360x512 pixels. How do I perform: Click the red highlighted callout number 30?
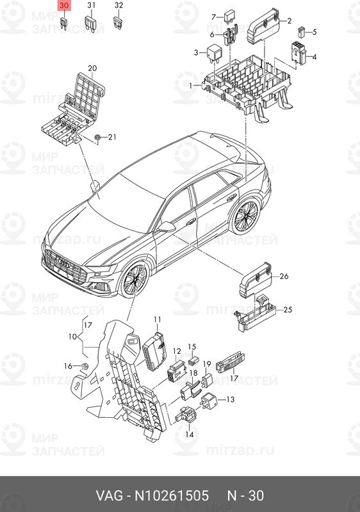pos(64,6)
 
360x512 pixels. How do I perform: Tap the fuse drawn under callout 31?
pos(90,24)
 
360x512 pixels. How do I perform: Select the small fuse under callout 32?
pos(118,23)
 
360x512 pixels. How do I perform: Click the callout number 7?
pos(214,17)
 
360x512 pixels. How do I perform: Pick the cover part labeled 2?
pos(263,26)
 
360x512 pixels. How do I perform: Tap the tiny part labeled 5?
pos(301,33)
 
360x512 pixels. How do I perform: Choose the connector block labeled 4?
pos(299,52)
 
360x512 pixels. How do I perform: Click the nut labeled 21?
pos(97,138)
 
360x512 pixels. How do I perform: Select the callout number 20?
pos(92,68)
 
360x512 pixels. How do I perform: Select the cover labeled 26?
pos(256,280)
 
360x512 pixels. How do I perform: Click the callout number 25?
pos(288,309)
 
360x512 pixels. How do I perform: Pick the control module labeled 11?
pos(154,351)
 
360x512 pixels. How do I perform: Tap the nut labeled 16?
pos(85,367)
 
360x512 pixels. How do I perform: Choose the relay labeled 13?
pos(208,401)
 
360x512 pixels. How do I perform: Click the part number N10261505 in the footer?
pos(172,495)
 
